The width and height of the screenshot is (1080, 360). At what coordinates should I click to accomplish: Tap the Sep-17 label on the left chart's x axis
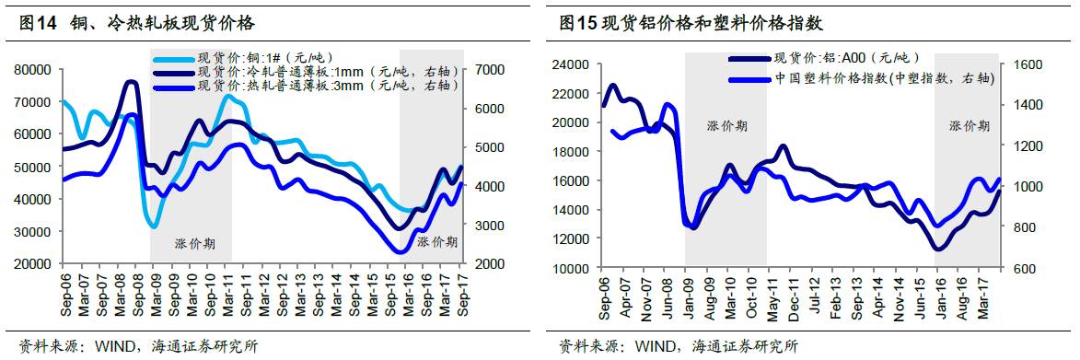469,293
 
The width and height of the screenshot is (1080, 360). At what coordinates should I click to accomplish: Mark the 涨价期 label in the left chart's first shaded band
195,244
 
